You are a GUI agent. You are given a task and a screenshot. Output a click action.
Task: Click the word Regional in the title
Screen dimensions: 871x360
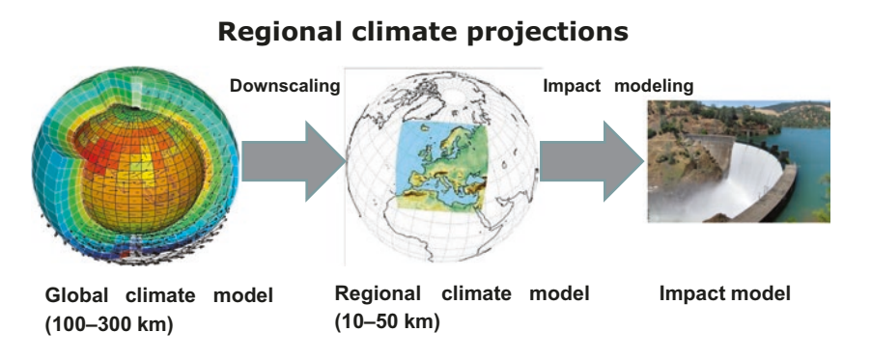tap(279, 32)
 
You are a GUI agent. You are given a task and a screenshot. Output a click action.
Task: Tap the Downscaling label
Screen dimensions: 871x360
tap(285, 86)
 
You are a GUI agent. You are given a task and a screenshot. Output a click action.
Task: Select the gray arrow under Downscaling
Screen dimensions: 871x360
tap(294, 161)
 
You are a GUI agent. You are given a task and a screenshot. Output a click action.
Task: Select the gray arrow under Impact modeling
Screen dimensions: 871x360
tap(592, 161)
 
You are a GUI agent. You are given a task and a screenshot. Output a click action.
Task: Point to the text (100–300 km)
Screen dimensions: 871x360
tap(109, 324)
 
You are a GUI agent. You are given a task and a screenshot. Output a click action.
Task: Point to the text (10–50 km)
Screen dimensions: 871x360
tap(387, 322)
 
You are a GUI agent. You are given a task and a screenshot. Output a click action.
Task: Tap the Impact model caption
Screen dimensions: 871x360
tap(725, 293)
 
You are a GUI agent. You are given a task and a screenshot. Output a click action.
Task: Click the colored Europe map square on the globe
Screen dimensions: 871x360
tap(442, 165)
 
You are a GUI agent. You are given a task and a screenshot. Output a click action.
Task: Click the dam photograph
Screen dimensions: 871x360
tap(739, 162)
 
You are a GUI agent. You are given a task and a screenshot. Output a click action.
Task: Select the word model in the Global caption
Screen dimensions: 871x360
tap(243, 295)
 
